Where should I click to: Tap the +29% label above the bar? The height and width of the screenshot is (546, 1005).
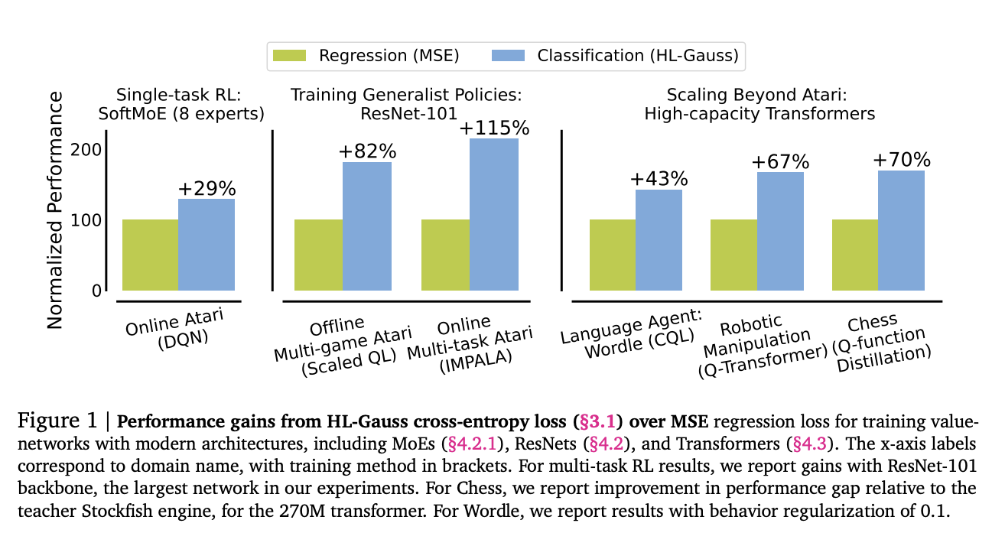pos(207,188)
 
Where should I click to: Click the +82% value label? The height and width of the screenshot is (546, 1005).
pos(366,151)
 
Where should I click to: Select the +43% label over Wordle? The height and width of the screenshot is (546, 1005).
pos(659,179)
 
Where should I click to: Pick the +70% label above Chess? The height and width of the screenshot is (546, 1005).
pos(901,160)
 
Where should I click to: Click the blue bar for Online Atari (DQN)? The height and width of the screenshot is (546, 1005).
pos(207,245)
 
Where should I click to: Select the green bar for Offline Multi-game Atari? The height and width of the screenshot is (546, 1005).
pos(319,255)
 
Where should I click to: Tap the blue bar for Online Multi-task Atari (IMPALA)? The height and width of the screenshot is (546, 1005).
pos(493,215)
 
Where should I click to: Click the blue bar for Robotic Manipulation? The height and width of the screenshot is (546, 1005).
pos(780,232)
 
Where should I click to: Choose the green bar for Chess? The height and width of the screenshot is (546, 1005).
pos(854,255)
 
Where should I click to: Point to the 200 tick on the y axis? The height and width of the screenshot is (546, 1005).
pos(86,150)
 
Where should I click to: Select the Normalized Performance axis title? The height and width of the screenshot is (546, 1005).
pos(54,210)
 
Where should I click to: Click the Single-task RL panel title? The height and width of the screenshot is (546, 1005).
pos(179,105)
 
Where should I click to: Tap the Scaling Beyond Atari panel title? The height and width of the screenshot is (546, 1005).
pos(759,105)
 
